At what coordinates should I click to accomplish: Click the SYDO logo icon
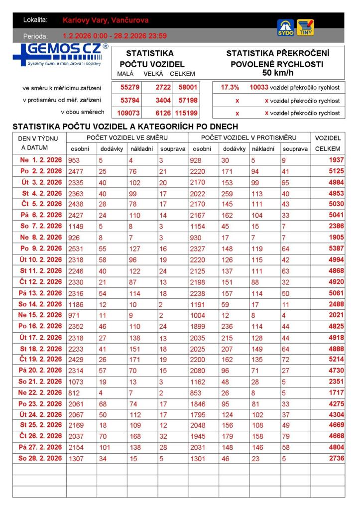point(285,27)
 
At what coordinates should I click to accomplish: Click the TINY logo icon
point(305,27)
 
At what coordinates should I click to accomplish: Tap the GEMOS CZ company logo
point(60,54)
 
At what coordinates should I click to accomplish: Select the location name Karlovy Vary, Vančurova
point(106,20)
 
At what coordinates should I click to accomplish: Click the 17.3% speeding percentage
point(230,87)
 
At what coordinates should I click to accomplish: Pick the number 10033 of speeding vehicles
point(259,87)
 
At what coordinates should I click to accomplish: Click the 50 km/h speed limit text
point(277,73)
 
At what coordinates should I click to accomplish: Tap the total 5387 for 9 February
point(336,249)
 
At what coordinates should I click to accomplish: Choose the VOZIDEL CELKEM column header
point(328,143)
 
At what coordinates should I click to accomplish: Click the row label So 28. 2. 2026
point(40,458)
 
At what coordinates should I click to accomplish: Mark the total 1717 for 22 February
point(336,392)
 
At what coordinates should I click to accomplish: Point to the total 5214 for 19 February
point(336,359)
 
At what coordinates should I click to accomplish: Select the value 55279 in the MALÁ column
point(130,87)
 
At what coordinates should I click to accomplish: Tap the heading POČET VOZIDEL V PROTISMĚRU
point(248,137)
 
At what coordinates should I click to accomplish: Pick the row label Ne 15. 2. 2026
point(40,315)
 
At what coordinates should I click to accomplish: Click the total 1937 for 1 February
point(336,160)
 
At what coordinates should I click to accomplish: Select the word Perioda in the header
point(35,36)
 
